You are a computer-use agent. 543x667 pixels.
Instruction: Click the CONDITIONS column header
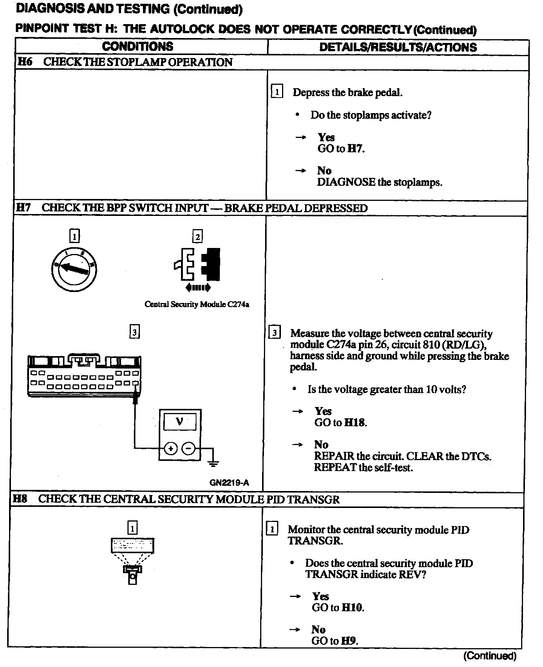[138, 47]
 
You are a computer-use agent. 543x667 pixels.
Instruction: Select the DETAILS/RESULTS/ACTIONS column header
[398, 47]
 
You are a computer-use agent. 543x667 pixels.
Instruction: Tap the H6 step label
[25, 62]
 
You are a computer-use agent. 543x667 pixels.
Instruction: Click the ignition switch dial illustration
[74, 268]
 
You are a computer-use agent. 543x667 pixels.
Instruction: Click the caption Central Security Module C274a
[197, 304]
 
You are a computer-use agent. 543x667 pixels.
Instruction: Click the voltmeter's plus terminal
[171, 448]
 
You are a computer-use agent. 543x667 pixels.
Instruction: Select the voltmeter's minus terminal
[189, 448]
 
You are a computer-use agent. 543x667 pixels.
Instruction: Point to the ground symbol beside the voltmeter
[213, 464]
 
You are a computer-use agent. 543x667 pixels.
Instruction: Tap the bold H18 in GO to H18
[354, 422]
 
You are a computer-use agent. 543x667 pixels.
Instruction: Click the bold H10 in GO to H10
[352, 607]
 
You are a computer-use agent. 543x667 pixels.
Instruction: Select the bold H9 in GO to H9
[349, 641]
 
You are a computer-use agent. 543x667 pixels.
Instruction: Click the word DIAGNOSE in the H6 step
[346, 182]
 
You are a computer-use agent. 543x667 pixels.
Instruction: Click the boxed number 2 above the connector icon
[198, 237]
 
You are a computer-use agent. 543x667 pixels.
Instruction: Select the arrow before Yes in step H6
[301, 138]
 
